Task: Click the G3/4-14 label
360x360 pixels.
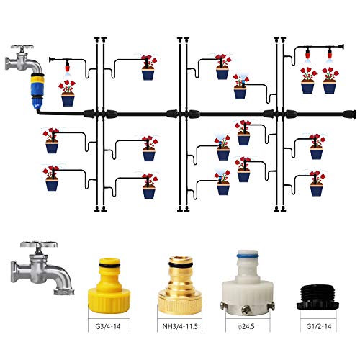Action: pyautogui.click(x=108, y=326)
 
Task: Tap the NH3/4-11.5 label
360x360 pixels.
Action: pyautogui.click(x=180, y=326)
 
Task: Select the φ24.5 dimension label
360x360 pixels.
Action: pyautogui.click(x=246, y=326)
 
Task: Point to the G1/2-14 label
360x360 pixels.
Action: pyautogui.click(x=319, y=326)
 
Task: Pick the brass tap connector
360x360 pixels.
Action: pyautogui.click(x=180, y=285)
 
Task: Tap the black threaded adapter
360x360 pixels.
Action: pyautogui.click(x=318, y=297)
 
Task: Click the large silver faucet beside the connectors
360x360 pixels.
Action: pyautogui.click(x=41, y=268)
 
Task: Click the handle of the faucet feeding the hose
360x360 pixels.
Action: pyautogui.click(x=22, y=48)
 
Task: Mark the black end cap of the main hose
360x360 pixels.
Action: pyautogui.click(x=350, y=114)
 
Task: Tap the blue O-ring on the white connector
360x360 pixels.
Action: pyautogui.click(x=248, y=254)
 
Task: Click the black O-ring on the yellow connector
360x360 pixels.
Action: pyautogui.click(x=109, y=265)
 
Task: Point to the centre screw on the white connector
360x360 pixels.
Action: pyautogui.click(x=247, y=310)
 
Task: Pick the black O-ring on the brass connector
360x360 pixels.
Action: pyautogui.click(x=180, y=264)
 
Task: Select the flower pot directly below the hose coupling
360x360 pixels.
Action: pyautogui.click(x=68, y=94)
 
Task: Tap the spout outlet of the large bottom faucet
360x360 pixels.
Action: pyautogui.click(x=63, y=292)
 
